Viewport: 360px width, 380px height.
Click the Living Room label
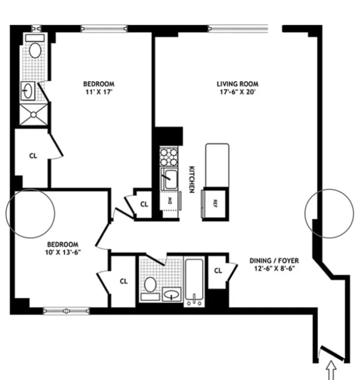(x=237, y=84)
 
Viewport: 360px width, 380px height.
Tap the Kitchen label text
(x=191, y=179)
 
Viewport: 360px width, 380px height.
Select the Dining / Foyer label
(x=275, y=261)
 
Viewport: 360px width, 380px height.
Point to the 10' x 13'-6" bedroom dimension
(x=63, y=252)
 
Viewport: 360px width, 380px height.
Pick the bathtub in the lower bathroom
(x=194, y=280)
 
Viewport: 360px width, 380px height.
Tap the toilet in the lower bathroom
(x=150, y=286)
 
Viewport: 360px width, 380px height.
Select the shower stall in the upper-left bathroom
(x=34, y=113)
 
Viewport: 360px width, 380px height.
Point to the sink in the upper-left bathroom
(x=28, y=91)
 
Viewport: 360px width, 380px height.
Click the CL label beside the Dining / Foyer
(x=218, y=271)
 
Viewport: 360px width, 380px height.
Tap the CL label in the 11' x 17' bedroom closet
(x=33, y=156)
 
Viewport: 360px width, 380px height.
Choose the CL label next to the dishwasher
(x=144, y=204)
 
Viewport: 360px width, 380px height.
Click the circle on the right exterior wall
(x=330, y=213)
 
